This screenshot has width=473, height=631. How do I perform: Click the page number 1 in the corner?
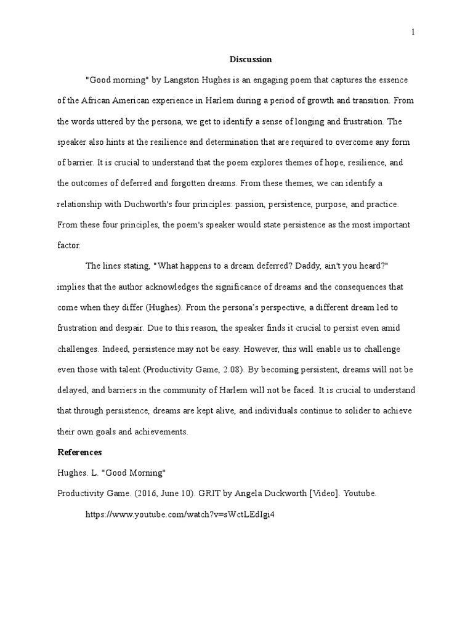coord(413,33)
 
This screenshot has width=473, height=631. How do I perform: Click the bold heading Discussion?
coord(251,60)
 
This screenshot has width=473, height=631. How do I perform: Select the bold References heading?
coord(79,452)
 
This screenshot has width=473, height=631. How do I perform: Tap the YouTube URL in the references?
coord(179,515)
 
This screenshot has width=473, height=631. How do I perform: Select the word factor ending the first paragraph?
coord(68,245)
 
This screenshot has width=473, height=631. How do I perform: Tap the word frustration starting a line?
coord(78,328)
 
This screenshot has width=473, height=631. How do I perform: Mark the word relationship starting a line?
coord(79,204)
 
